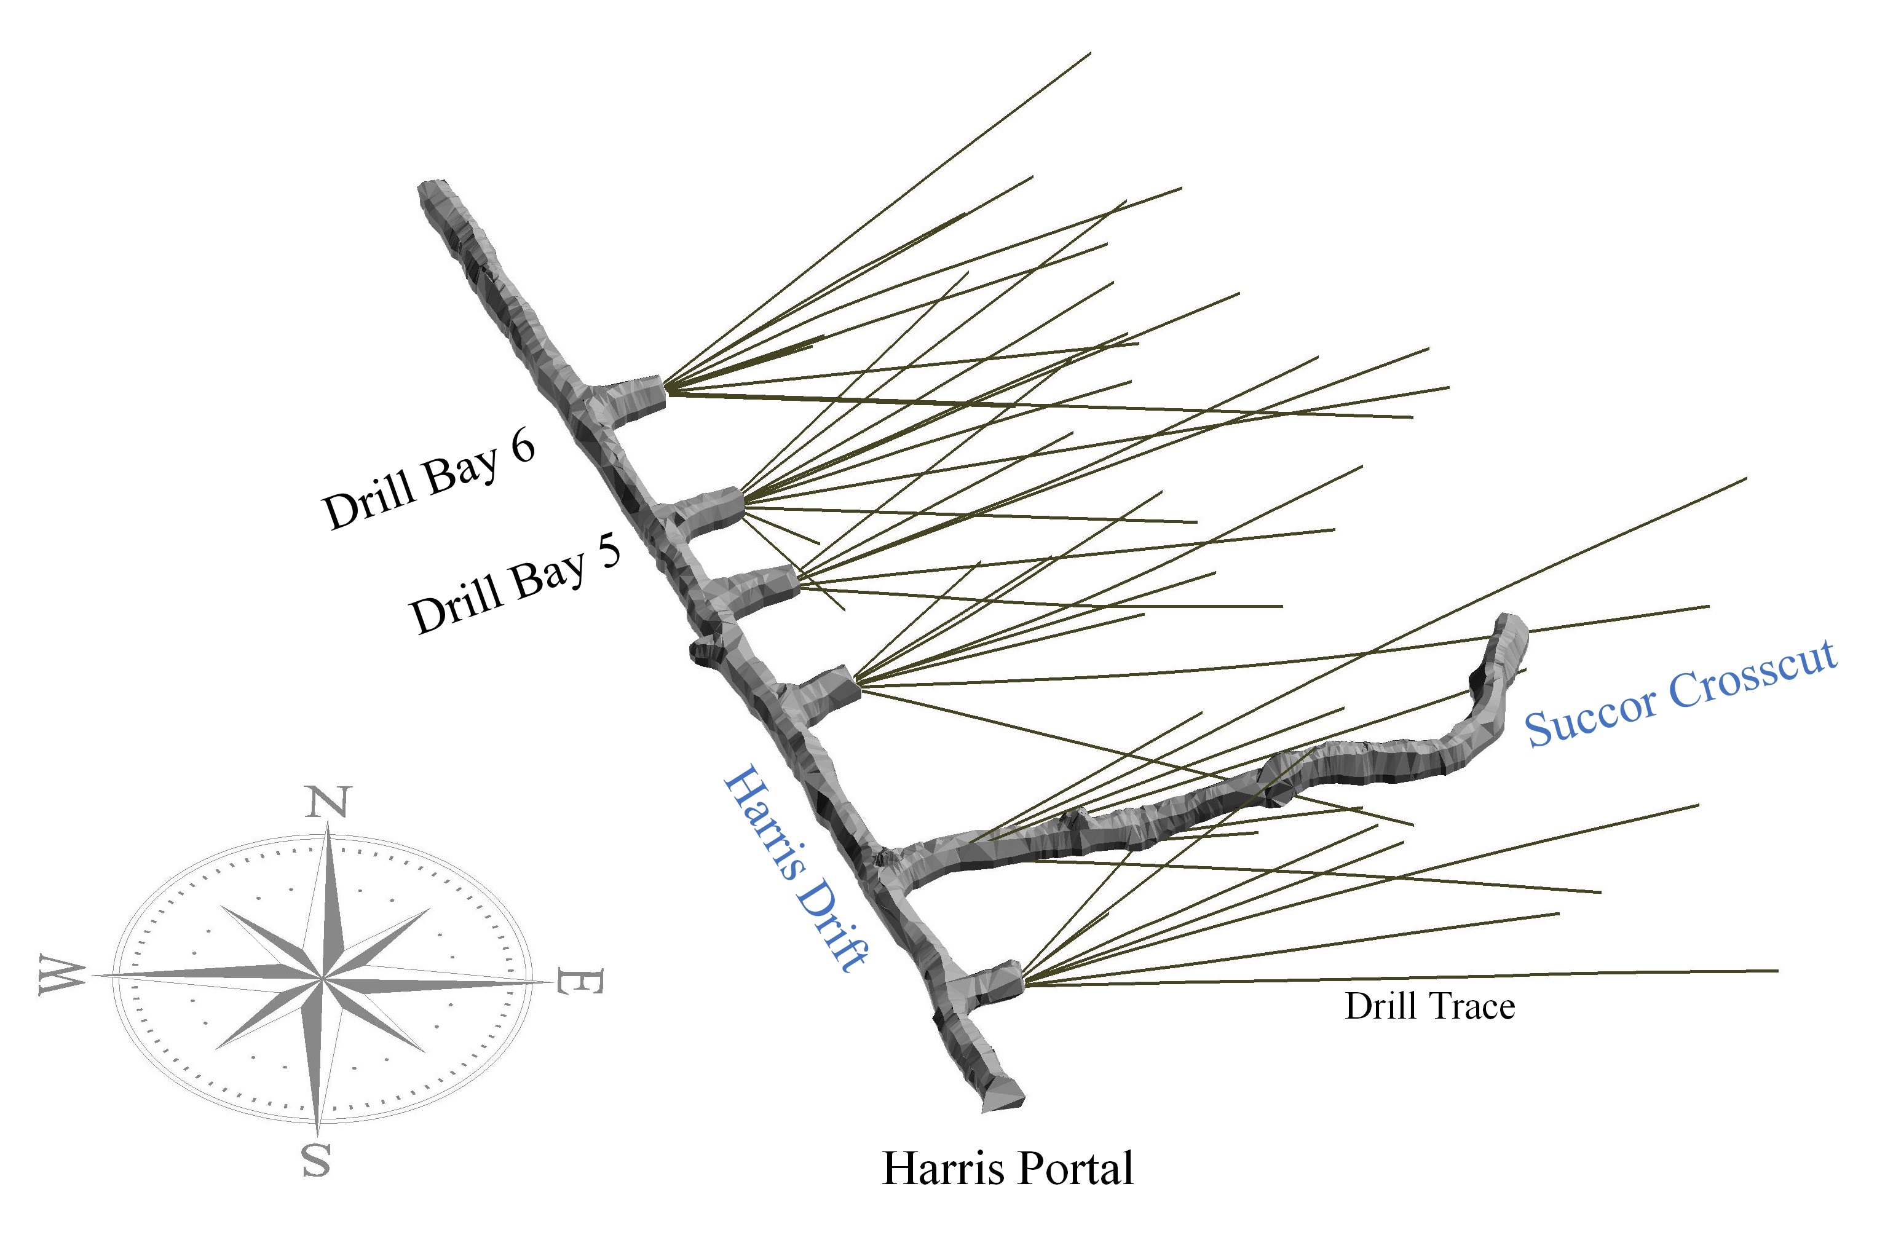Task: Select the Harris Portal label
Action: (1007, 1168)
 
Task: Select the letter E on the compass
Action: (579, 982)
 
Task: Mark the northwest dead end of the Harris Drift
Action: (432, 192)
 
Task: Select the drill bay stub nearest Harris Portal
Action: (995, 982)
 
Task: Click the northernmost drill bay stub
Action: (635, 394)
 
